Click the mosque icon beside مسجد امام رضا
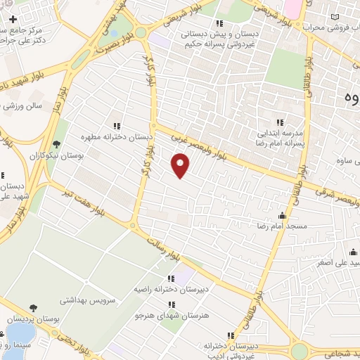(283, 215)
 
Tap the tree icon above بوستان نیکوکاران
(57, 143)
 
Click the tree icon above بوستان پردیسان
(33, 308)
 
